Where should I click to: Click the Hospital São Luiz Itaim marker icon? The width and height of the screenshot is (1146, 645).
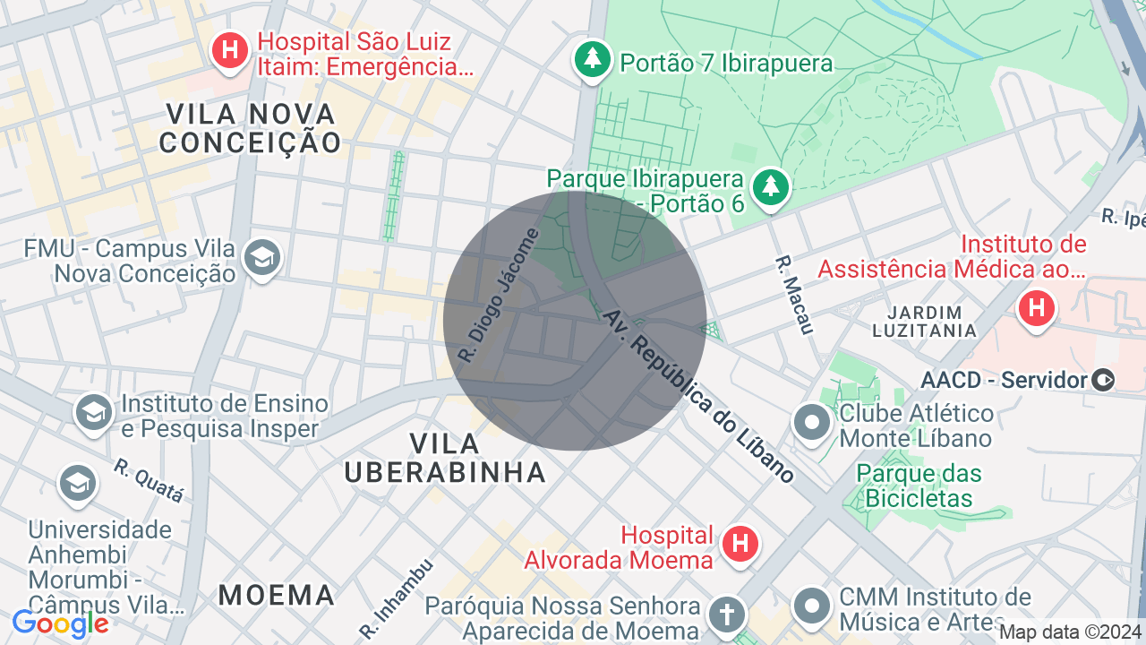(230, 50)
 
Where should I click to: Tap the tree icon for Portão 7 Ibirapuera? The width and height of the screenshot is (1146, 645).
(592, 61)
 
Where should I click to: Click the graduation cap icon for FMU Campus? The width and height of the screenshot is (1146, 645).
(262, 259)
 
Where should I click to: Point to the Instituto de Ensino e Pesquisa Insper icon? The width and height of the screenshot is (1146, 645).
(93, 412)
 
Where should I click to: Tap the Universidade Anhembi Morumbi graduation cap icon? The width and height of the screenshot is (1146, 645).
(78, 484)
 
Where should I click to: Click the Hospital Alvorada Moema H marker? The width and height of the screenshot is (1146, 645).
(740, 544)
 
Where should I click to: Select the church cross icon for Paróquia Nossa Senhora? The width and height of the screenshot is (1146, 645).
(727, 615)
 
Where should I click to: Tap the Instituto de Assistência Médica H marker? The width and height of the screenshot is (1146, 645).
(1037, 309)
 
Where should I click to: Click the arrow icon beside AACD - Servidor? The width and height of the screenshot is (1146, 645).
(1104, 380)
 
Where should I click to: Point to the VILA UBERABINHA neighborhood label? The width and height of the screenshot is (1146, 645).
(445, 458)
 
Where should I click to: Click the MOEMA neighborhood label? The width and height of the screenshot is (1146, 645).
(277, 594)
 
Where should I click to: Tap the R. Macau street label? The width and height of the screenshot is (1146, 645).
(794, 296)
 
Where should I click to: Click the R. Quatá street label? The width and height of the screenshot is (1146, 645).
(149, 480)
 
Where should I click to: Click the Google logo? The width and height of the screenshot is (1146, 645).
(61, 623)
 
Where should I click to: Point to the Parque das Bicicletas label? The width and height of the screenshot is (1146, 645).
(919, 486)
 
